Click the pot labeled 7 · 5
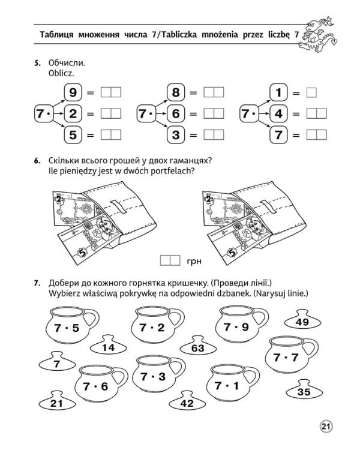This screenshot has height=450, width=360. click(x=67, y=327)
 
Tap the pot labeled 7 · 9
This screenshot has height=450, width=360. click(x=235, y=327)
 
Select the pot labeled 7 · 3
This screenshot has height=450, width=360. click(x=152, y=377)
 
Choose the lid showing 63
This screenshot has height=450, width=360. click(x=197, y=347)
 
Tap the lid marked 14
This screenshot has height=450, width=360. click(x=108, y=347)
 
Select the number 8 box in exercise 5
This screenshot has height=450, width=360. click(x=176, y=92)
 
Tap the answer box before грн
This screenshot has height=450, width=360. click(x=170, y=260)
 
